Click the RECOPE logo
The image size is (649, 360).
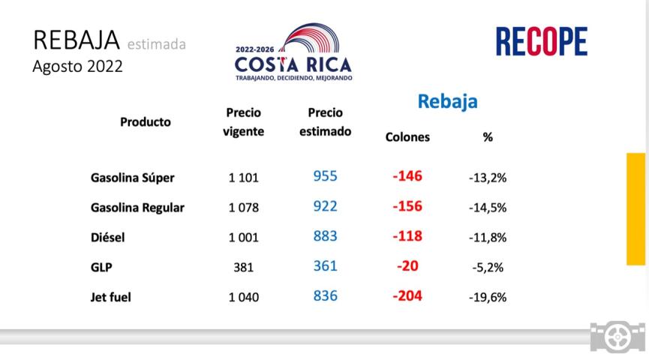[x=541, y=42]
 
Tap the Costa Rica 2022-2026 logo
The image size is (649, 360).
[x=293, y=52]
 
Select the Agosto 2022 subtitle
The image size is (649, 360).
[x=77, y=66]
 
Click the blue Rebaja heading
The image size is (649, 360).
[x=447, y=101]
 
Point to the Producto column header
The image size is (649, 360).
[x=146, y=121]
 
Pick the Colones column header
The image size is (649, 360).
[x=407, y=137]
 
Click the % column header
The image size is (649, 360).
[x=488, y=137]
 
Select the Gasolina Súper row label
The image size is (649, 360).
[x=132, y=178]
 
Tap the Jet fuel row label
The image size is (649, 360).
[x=111, y=297]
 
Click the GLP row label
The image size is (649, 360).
[x=101, y=266]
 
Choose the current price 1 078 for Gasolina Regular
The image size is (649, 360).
[x=243, y=208]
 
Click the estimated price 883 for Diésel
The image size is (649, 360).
[x=325, y=236]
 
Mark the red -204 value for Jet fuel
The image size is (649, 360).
[x=407, y=295]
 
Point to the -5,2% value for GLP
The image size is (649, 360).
[x=488, y=267]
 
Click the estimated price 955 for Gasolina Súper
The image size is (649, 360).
[x=325, y=177]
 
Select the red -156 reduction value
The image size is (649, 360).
[x=407, y=206]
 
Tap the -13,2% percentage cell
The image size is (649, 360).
[x=488, y=178]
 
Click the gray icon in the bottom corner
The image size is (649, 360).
[x=617, y=337]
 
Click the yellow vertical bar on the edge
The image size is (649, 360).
[x=636, y=208]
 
